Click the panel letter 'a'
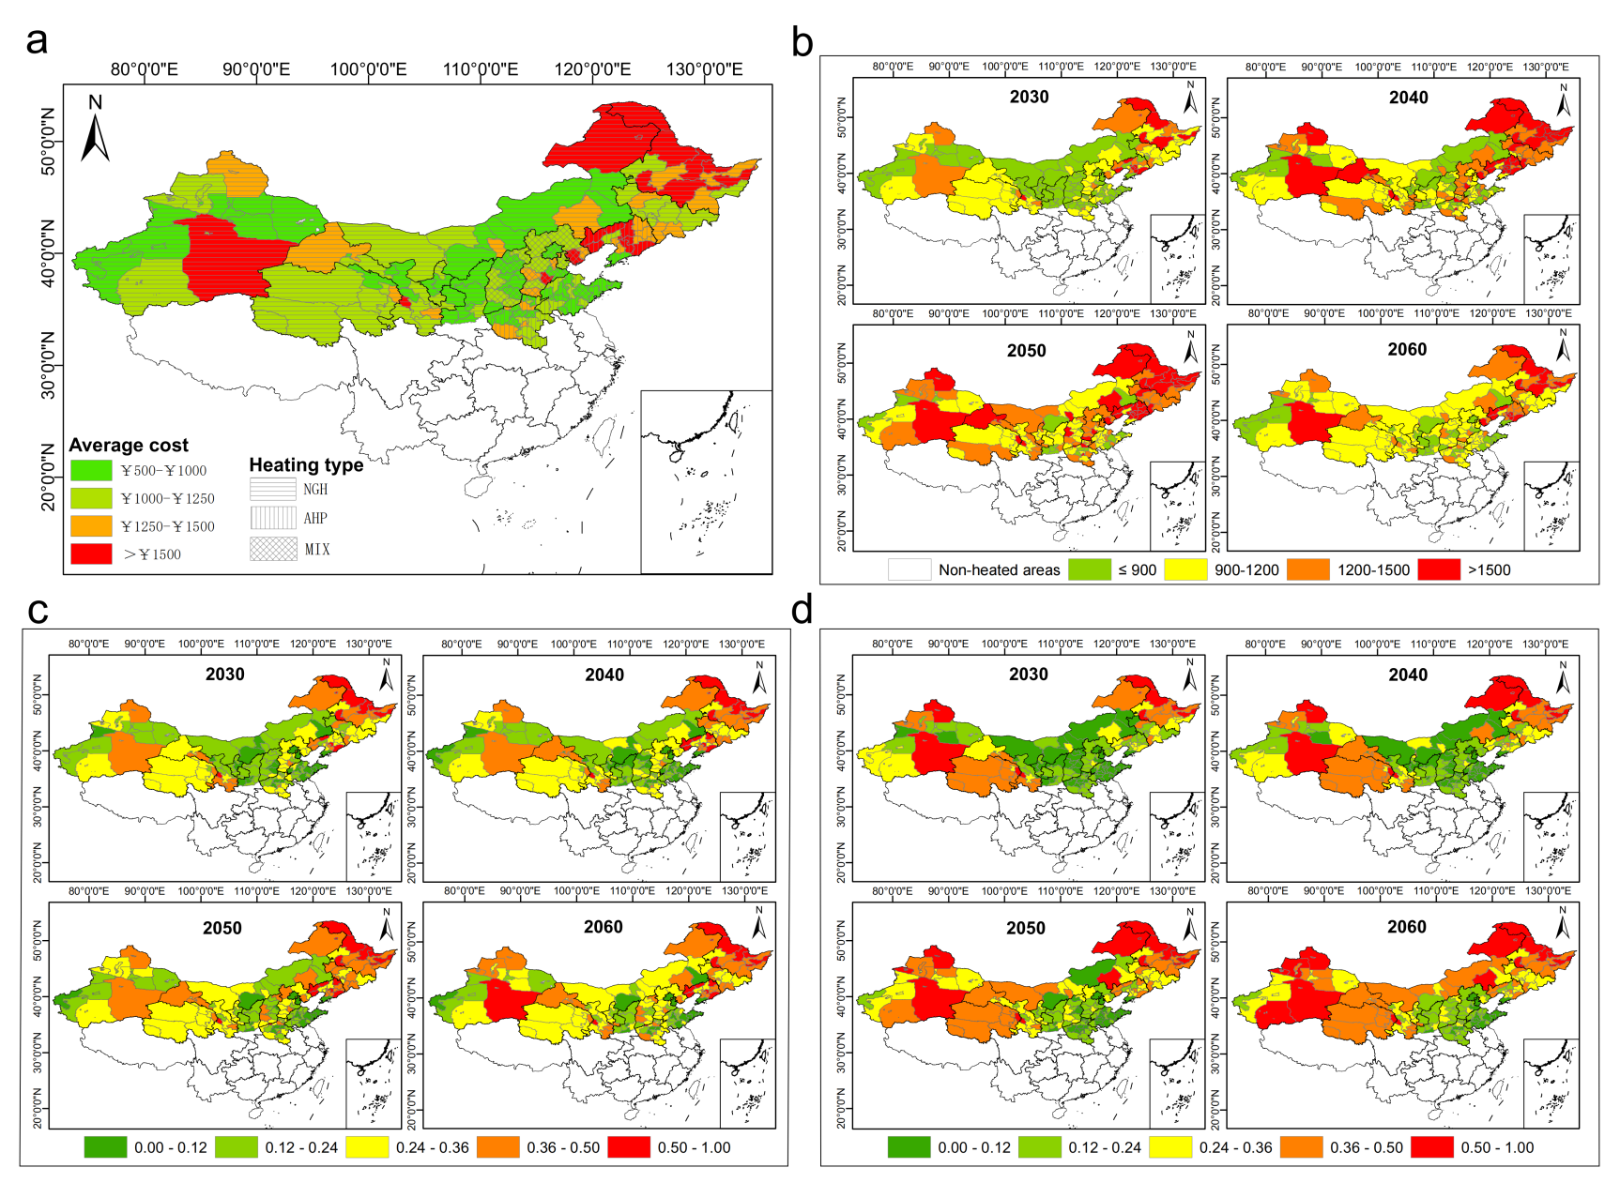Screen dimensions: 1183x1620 coord(37,41)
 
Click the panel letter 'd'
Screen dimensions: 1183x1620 coord(802,611)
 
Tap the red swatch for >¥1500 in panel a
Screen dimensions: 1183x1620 coord(91,554)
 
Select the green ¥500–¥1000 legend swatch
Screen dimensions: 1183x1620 coord(91,470)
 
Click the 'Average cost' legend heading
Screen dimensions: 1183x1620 coord(129,445)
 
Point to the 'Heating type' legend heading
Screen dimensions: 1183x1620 coord(306,464)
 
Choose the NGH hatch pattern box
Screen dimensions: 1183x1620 coord(273,489)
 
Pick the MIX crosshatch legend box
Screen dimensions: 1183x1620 coord(273,549)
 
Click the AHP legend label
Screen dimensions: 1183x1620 coord(315,518)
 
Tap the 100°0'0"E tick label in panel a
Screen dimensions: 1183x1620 coord(368,69)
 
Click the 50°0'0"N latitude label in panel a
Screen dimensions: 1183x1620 coord(48,141)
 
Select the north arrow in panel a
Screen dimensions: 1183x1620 coord(95,129)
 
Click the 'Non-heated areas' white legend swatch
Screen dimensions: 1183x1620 coord(909,569)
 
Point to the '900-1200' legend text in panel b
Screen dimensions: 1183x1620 coord(1246,569)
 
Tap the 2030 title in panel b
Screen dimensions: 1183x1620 coord(1029,97)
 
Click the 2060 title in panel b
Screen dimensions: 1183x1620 coord(1407,349)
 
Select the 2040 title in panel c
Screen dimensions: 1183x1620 coord(604,675)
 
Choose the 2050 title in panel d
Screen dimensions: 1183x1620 coord(1026,928)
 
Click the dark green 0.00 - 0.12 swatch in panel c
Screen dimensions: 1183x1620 coord(105,1147)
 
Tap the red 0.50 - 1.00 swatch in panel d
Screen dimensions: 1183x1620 coord(1432,1147)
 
